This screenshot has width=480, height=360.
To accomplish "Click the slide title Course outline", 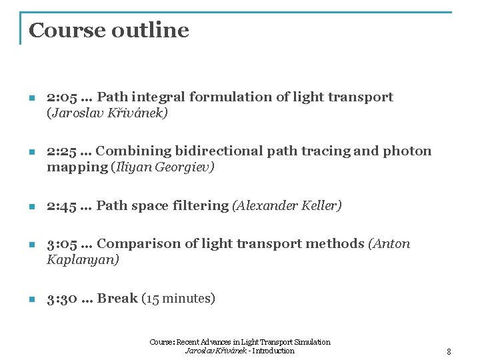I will pos(109,30).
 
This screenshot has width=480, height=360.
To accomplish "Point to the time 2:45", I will pos(62,205).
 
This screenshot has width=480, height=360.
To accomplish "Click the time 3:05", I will pos(62,244).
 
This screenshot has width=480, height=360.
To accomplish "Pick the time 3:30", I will pos(62,299).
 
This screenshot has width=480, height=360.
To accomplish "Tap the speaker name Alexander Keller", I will pos(287,205).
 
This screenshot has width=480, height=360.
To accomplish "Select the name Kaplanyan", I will pos(83,260).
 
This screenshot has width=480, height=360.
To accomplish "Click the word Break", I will pos(117,299).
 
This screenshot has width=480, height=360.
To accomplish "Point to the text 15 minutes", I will pos(179,299).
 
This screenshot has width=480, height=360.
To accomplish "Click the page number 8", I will pos(449,351).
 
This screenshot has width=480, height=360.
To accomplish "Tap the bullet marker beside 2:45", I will pos(31,206).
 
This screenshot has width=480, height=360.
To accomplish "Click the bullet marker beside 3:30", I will pos(31,299).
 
